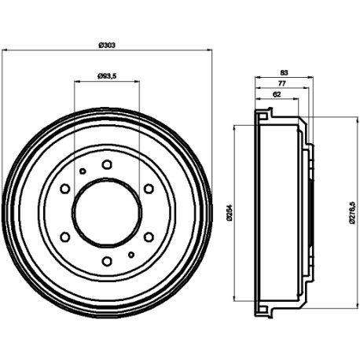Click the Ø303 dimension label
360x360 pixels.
coord(107,46)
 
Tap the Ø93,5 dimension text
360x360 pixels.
coord(107,76)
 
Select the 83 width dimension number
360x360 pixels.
coord(284,72)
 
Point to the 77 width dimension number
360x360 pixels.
coord(281,83)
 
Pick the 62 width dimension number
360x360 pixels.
coord(277,94)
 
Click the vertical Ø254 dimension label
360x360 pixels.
coord(230,212)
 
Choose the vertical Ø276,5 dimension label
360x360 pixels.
coord(352,212)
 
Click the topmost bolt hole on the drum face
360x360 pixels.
coord(107,164)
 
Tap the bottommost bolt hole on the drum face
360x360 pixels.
coord(107,261)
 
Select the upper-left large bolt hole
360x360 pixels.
coord(65,189)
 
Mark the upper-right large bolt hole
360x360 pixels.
coord(149,189)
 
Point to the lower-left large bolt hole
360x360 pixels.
coord(65,237)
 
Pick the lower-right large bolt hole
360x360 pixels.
coord(149,237)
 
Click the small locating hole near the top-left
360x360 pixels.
coord(83,171)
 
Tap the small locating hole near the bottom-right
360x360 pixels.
coord(131,255)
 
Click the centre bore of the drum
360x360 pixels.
coord(107,213)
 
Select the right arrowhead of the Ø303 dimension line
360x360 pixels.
coord(209,50)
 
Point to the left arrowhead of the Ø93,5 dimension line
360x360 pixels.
coord(77,81)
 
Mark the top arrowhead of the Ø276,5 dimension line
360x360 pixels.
coord(358,119)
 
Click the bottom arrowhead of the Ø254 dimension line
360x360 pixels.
coord(234,298)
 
